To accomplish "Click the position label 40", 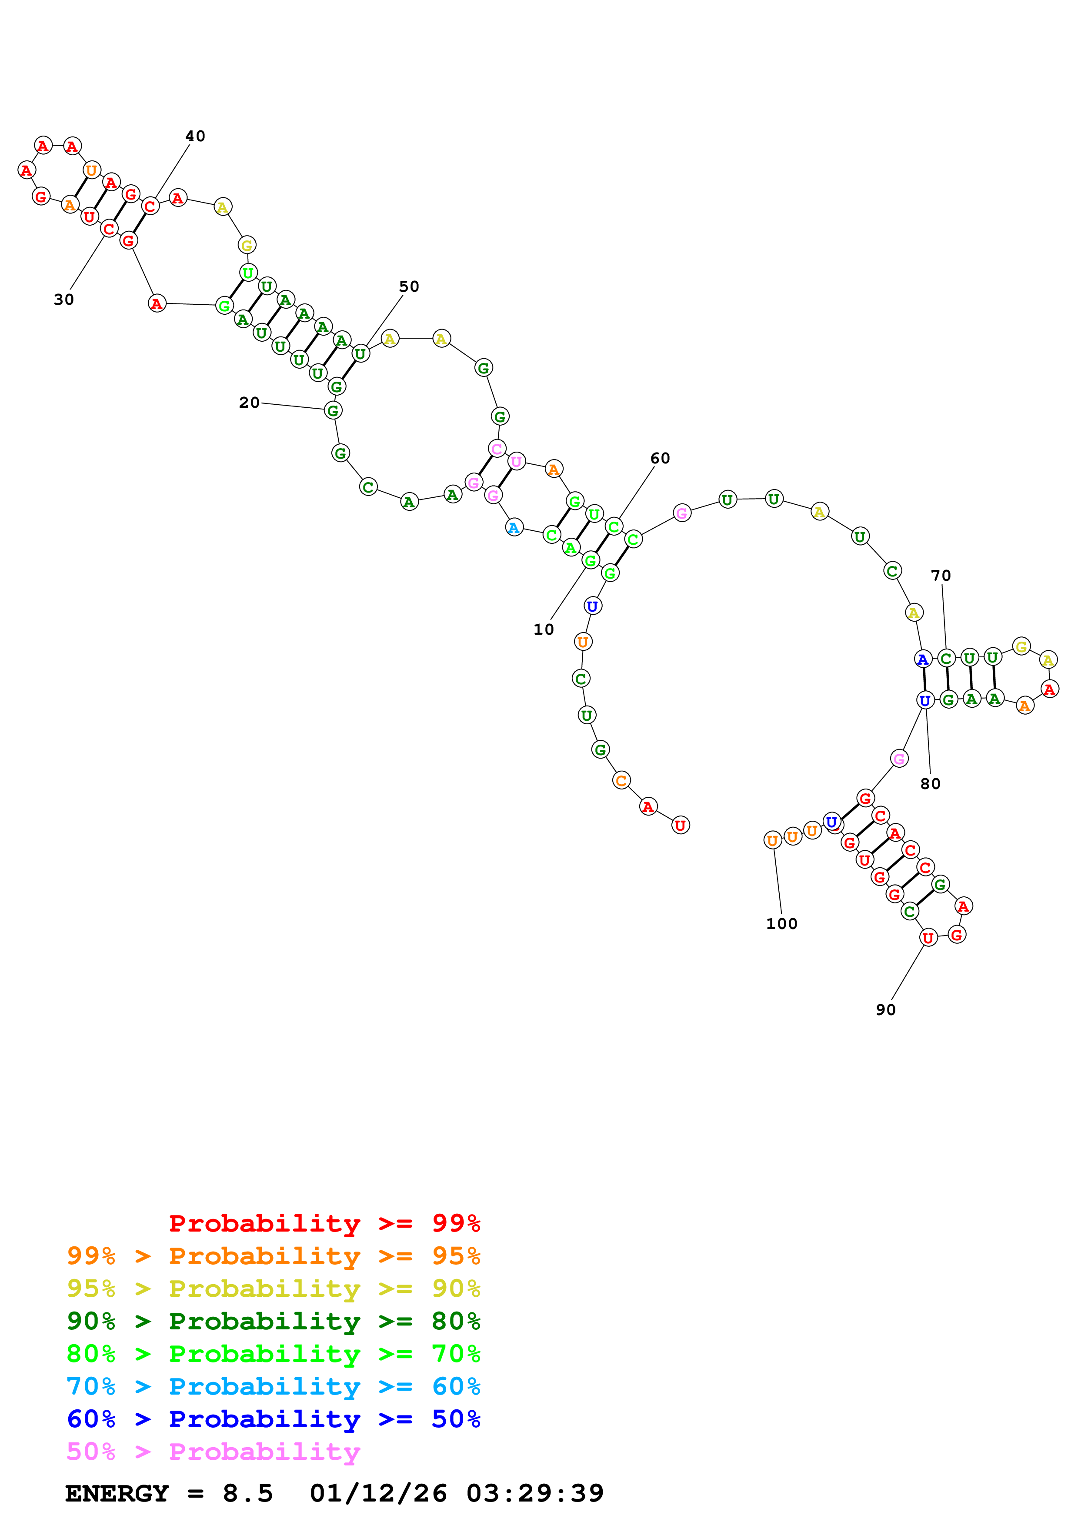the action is pyautogui.click(x=195, y=136).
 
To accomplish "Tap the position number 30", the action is pyautogui.click(x=64, y=300).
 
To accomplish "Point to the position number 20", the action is pyautogui.click(x=249, y=403).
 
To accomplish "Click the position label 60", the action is pyautogui.click(x=660, y=458).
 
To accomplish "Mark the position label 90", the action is pyautogui.click(x=885, y=1009).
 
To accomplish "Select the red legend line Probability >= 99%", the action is pyautogui.click(x=324, y=1223).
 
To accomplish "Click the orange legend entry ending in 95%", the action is pyautogui.click(x=273, y=1255).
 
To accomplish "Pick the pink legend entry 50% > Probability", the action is pyautogui.click(x=213, y=1451).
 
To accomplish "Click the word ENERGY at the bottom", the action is pyautogui.click(x=117, y=1494).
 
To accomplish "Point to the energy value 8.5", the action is pyautogui.click(x=248, y=1494).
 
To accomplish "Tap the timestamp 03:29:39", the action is pyautogui.click(x=535, y=1494).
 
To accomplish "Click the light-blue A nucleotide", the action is pyautogui.click(x=514, y=528).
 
